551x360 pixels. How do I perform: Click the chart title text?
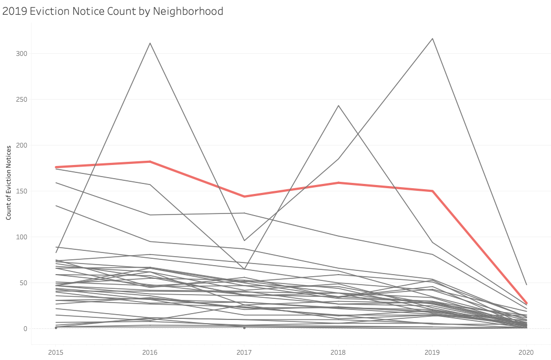click(113, 11)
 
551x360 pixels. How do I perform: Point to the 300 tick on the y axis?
click(22, 53)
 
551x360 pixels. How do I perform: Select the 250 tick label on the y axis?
click(22, 99)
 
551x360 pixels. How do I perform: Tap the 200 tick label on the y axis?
click(22, 145)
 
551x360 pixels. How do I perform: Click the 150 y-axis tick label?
click(22, 191)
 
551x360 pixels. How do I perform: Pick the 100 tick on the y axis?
click(22, 237)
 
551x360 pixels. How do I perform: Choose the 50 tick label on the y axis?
click(23, 283)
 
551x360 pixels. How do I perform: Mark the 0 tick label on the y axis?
click(25, 328)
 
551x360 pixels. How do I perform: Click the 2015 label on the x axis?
click(56, 352)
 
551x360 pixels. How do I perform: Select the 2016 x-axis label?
click(150, 352)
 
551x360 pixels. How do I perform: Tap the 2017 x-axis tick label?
click(244, 352)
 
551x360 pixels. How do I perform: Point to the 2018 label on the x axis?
click(338, 352)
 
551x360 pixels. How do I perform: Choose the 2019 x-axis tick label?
click(432, 352)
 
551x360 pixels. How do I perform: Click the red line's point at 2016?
click(150, 161)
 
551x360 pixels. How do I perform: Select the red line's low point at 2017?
click(244, 196)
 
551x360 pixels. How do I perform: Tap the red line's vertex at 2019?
click(432, 191)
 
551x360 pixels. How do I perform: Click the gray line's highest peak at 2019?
click(432, 38)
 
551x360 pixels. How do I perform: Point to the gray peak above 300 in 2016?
click(150, 43)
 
